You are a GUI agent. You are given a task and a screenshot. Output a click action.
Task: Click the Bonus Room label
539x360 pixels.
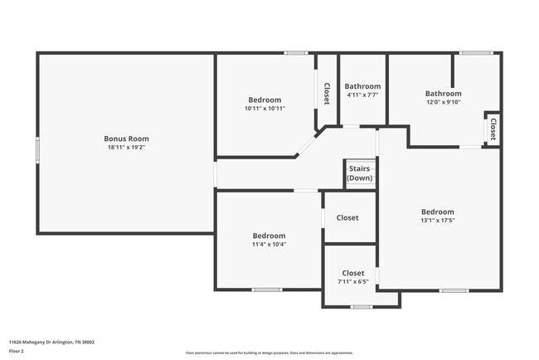coord(126,139)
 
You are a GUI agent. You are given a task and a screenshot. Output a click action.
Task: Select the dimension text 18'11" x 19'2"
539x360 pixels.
coord(126,148)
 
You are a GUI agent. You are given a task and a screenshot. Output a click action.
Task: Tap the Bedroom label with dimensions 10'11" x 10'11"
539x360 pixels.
coord(265,100)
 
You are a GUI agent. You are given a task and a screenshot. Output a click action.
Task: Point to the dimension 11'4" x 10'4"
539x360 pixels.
coord(269,245)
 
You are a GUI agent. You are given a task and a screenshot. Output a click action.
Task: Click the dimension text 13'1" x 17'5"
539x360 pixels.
coord(437,221)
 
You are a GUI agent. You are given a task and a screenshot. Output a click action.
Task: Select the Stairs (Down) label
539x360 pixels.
coord(360,173)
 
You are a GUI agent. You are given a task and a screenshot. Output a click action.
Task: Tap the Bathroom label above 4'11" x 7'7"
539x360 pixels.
coord(362,86)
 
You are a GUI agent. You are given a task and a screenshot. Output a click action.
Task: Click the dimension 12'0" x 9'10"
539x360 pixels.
coord(444,103)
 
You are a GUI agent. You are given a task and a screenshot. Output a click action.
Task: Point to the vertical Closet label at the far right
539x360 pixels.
coord(493,129)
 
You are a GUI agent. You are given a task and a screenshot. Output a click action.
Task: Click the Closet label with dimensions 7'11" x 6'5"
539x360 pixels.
coord(353,273)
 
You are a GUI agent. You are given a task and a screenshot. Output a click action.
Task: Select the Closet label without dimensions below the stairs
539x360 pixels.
coord(347,217)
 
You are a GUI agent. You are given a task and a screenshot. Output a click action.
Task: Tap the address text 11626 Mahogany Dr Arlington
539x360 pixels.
coord(51,341)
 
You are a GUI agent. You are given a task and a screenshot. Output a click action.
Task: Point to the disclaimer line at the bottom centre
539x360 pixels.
coord(269,352)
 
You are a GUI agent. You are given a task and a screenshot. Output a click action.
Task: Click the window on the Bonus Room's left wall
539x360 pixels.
coord(37,150)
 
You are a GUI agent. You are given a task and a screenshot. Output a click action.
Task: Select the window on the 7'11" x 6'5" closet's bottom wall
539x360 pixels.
coord(360,307)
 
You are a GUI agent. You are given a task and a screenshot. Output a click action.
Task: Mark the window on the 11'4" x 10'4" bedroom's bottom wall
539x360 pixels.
coord(267,289)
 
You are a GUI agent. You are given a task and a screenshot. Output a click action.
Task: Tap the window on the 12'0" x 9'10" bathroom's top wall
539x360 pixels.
coord(476,53)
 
